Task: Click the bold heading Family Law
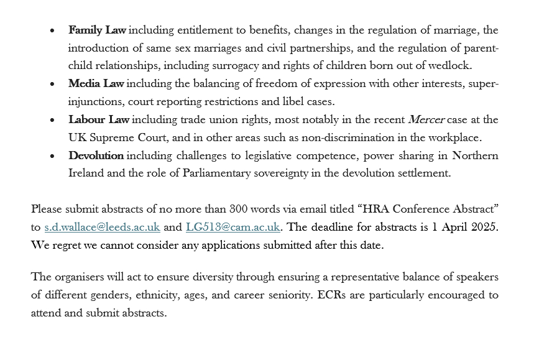96,30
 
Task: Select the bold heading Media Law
96,83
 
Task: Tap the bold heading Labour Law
99,119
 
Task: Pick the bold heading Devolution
96,155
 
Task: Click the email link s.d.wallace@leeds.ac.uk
102,227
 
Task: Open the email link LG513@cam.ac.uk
232,227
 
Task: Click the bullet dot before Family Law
53,30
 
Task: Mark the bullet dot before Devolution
53,156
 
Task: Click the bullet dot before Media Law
53,84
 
